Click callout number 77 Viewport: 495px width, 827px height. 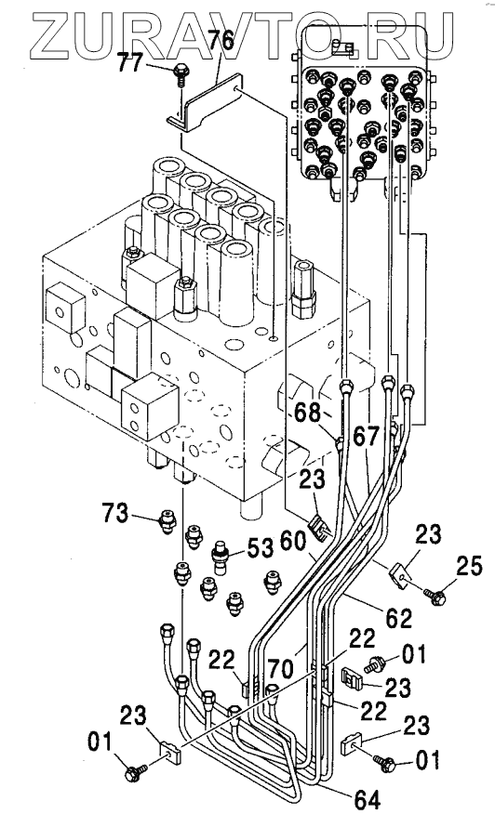point(129,64)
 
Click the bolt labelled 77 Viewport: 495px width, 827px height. point(181,73)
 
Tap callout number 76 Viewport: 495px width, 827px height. point(220,41)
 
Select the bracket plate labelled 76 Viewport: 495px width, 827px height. point(205,106)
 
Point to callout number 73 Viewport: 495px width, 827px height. point(114,512)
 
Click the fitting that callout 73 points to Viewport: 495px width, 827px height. point(167,521)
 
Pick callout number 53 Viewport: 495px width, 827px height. point(259,547)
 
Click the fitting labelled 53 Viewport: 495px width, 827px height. point(220,557)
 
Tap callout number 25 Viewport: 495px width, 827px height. point(468,568)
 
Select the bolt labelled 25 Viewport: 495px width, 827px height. point(435,596)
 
